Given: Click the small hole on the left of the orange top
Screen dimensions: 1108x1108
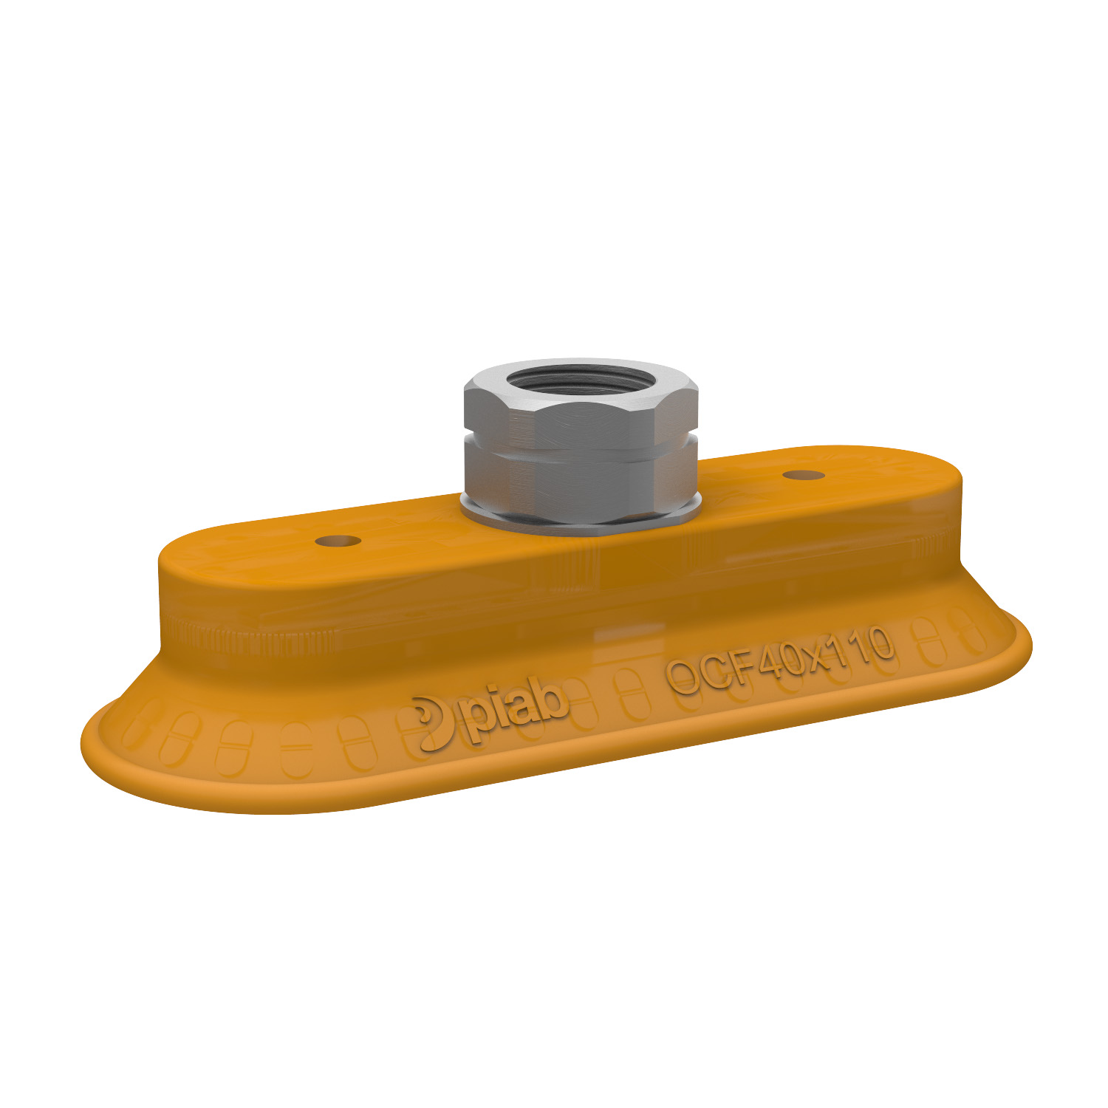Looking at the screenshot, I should [338, 541].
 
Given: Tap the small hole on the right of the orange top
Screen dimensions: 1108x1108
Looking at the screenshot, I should [804, 474].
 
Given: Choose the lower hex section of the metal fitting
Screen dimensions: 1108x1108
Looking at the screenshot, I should [580, 480].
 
